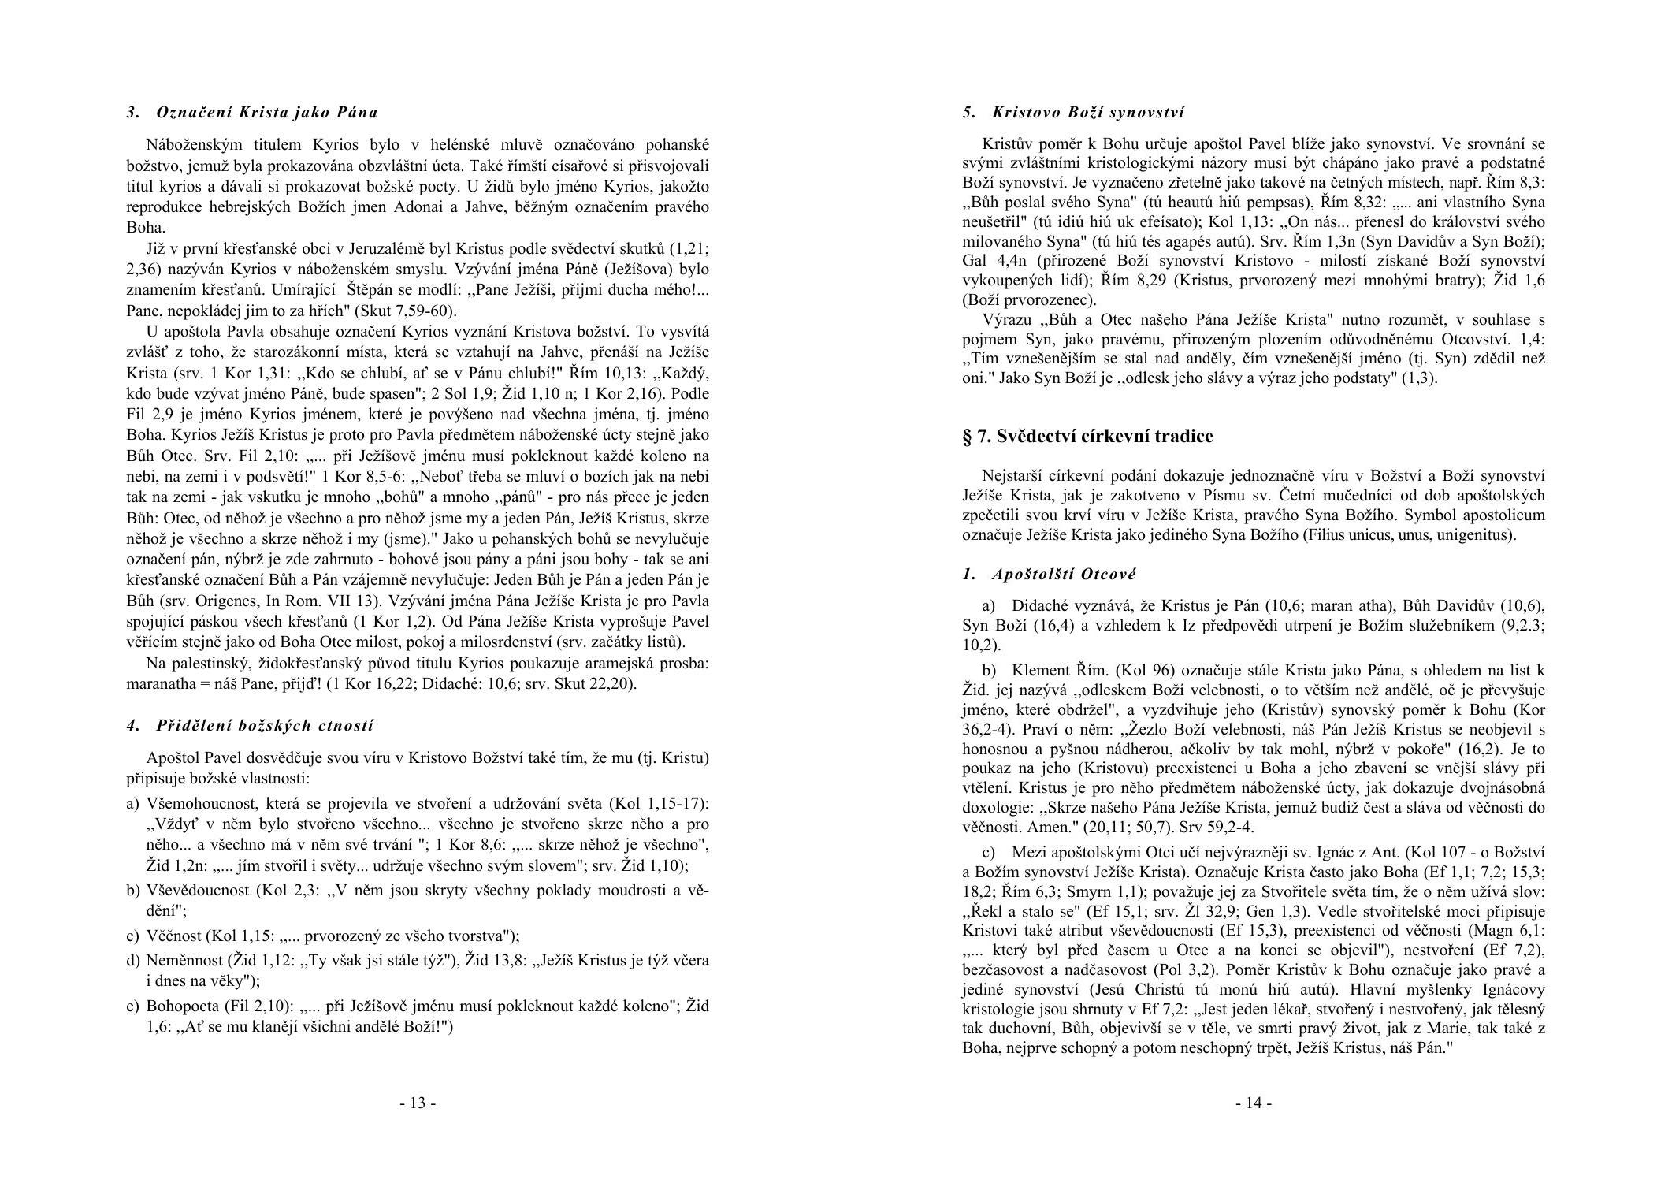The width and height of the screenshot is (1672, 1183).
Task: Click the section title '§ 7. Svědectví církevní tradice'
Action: (1087, 436)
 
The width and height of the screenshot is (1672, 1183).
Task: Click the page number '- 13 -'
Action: (418, 1103)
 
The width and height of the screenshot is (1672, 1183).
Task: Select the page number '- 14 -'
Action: (1253, 1103)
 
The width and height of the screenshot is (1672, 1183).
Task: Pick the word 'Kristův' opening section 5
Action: (1006, 144)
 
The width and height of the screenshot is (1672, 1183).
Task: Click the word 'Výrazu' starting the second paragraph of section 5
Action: (1005, 320)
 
